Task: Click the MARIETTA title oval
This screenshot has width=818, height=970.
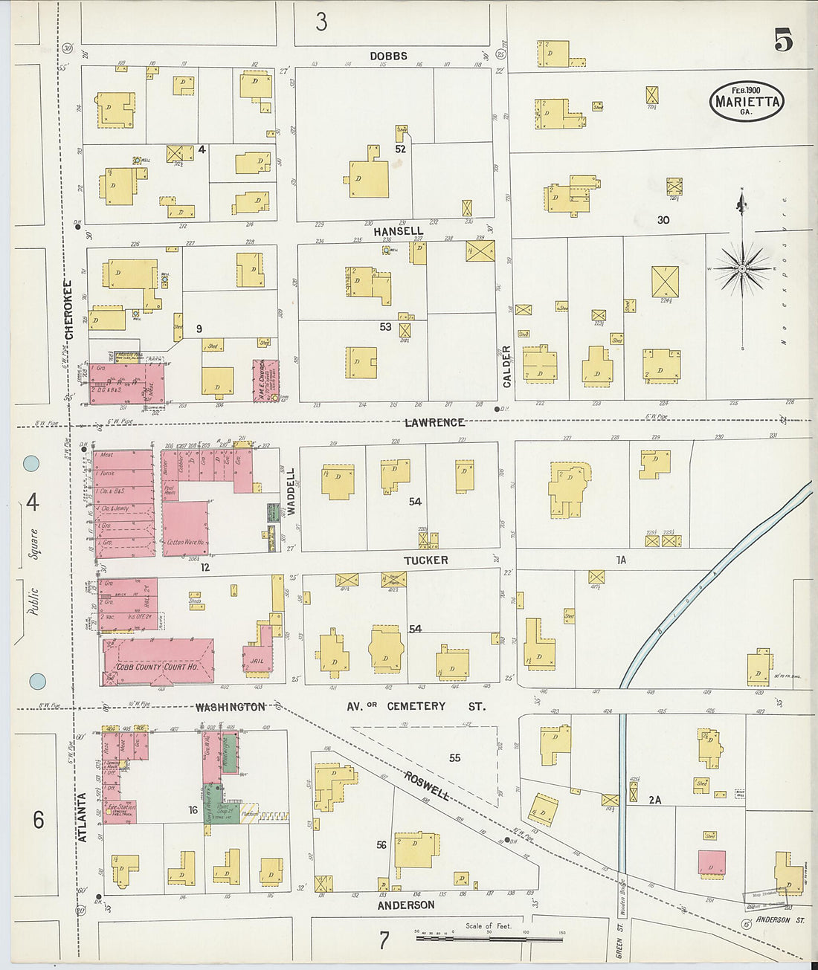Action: tap(746, 102)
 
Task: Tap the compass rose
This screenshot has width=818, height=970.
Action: tap(742, 268)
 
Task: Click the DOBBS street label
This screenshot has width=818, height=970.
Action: tap(389, 56)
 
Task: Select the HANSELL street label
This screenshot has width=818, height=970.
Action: tap(398, 231)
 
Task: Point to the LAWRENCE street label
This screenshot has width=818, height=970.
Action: tap(435, 422)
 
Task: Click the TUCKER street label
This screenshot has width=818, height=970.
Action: tap(425, 560)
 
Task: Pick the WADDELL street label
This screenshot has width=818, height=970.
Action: tap(291, 491)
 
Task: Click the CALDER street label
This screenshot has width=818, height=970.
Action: tap(507, 366)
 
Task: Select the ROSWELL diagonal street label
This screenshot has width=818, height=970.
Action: tap(427, 786)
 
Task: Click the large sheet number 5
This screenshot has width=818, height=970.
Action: tap(782, 40)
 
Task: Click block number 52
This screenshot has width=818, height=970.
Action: tap(400, 149)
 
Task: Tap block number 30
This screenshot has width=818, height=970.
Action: tap(663, 220)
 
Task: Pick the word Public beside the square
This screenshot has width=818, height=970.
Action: tap(33, 601)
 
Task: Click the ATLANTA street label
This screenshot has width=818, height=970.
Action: tap(83, 817)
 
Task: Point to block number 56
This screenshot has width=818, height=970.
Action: tap(381, 844)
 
